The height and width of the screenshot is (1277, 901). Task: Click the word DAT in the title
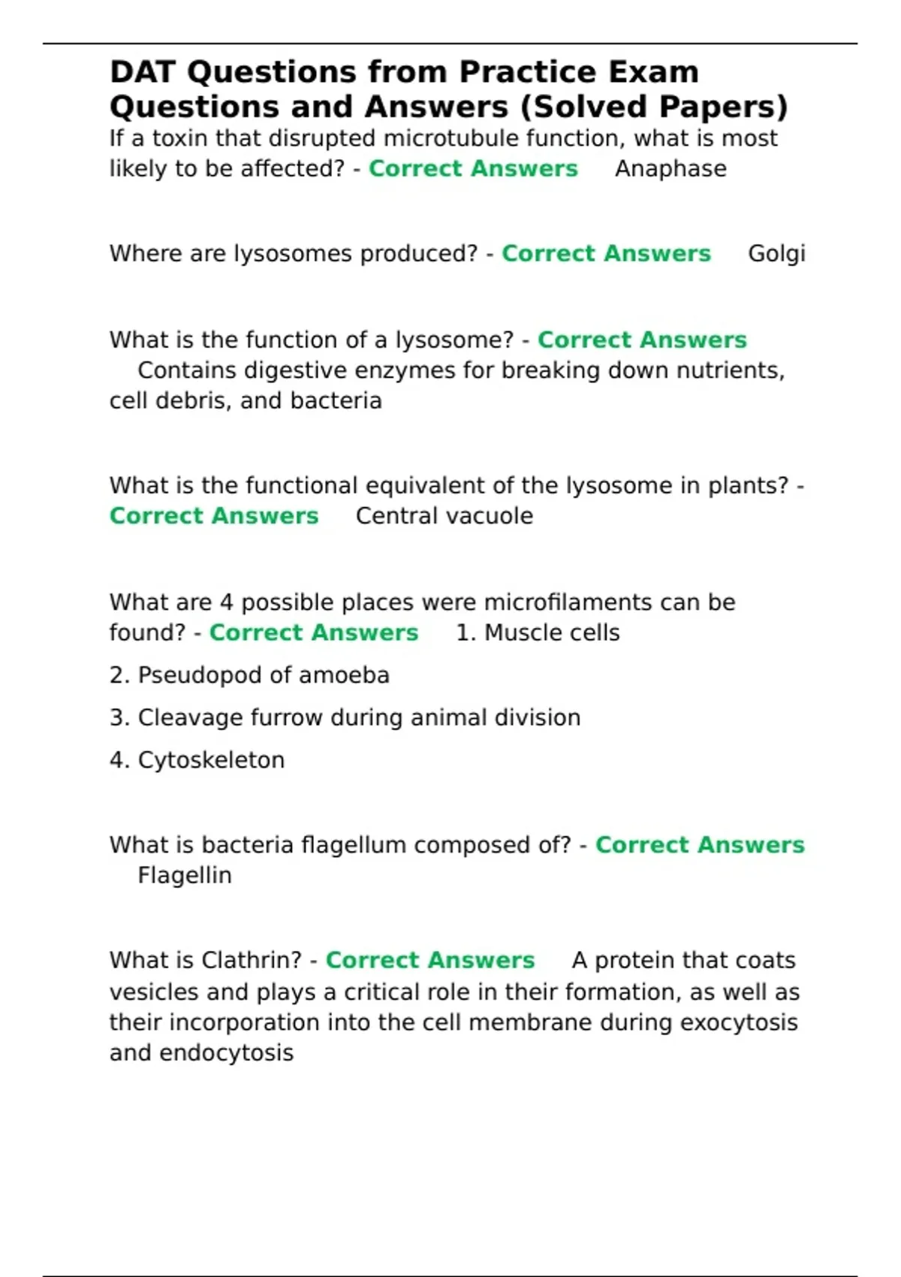pyautogui.click(x=143, y=73)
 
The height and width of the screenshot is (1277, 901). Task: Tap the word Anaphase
pyautogui.click(x=670, y=169)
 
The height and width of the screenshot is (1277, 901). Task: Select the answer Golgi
pyautogui.click(x=776, y=254)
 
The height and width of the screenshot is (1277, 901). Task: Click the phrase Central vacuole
pyautogui.click(x=444, y=516)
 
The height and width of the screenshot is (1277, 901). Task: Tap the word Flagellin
pyautogui.click(x=185, y=876)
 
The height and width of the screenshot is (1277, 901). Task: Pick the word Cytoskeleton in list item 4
pyautogui.click(x=211, y=760)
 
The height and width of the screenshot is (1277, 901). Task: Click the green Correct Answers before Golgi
pyautogui.click(x=606, y=254)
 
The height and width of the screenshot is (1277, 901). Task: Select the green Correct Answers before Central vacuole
pyautogui.click(x=214, y=516)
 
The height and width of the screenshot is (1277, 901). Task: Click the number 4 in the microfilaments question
pyautogui.click(x=227, y=602)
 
